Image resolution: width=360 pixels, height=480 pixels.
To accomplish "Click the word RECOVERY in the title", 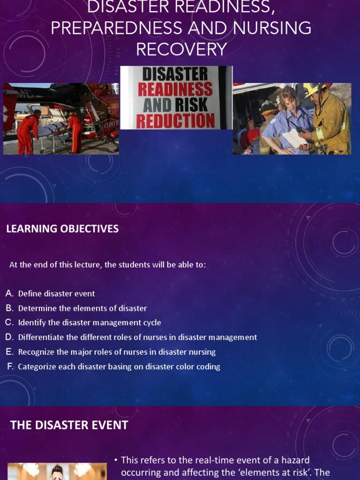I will point(181,49).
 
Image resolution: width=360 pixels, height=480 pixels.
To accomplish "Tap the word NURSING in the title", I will point(270,29).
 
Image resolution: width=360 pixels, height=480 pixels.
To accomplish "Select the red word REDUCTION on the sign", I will point(176,120).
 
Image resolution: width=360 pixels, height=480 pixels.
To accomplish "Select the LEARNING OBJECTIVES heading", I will point(62,229).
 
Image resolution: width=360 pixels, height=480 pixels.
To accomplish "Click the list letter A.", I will point(9,293).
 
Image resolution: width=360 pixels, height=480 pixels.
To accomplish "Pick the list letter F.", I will point(10,367).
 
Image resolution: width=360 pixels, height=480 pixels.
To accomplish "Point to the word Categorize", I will point(37,367).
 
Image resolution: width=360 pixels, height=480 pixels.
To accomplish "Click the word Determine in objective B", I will point(37,308).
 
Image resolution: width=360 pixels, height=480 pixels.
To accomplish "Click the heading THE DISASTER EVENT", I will point(69,425).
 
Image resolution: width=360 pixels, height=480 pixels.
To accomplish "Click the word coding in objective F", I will point(209,367).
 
